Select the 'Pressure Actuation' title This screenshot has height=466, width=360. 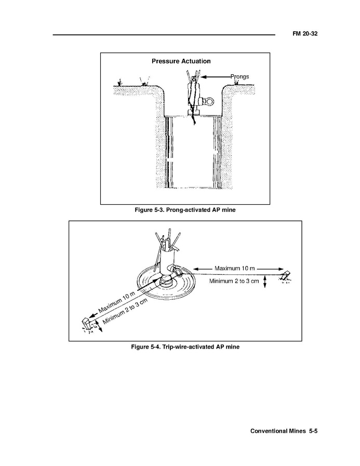(x=181, y=61)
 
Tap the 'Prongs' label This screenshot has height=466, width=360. (x=239, y=76)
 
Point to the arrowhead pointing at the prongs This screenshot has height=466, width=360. (x=203, y=77)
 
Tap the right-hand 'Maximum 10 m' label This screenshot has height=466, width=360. (x=235, y=268)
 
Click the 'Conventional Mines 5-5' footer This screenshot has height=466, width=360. (x=283, y=431)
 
